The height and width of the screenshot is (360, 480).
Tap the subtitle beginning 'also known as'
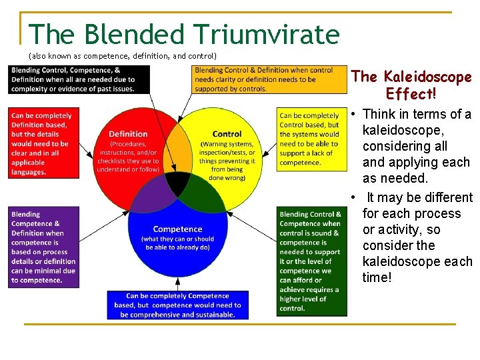(123, 55)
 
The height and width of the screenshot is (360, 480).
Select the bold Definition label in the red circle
(128, 135)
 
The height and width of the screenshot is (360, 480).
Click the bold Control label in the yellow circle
(227, 135)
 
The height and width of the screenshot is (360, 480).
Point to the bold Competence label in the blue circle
(177, 229)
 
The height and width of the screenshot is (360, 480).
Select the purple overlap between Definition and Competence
(152, 193)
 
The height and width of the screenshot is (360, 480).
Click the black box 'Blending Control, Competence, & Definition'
(81, 79)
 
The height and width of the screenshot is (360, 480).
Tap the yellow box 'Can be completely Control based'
(309, 139)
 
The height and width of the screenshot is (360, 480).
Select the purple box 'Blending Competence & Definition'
(43, 247)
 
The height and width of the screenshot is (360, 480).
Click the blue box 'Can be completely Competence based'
(177, 305)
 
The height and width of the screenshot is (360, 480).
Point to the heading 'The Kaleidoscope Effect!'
(411, 85)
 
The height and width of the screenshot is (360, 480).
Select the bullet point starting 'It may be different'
(417, 237)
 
